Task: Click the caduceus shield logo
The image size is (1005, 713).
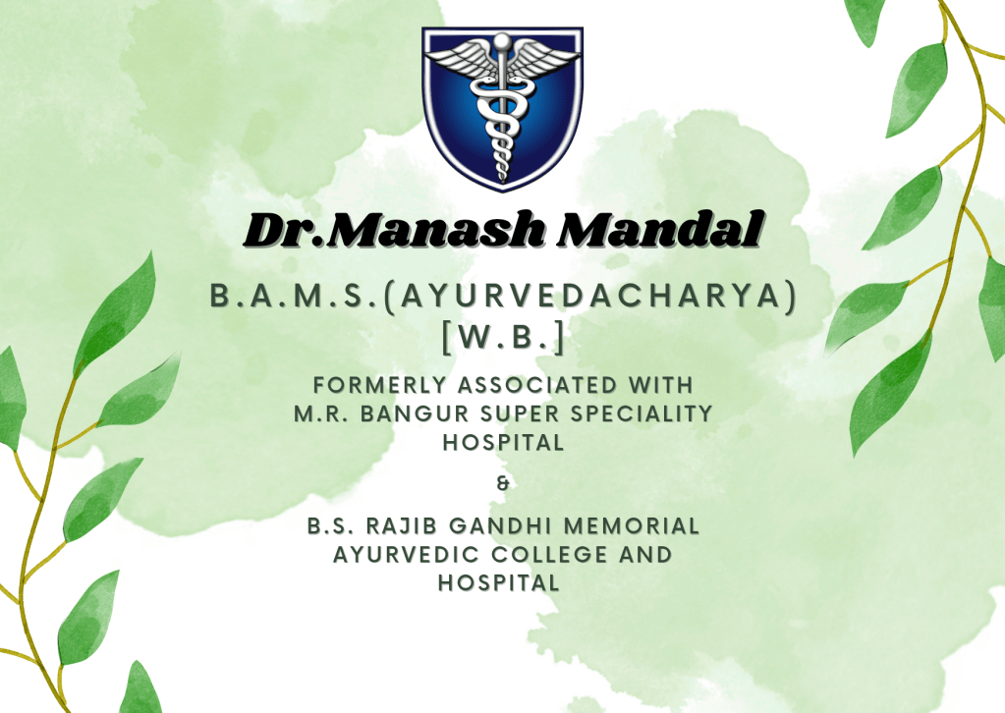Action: click(x=503, y=109)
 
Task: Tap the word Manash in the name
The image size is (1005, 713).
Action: click(x=438, y=230)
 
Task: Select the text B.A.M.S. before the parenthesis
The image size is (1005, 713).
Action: click(x=295, y=296)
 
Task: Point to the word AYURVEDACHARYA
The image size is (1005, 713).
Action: click(x=586, y=296)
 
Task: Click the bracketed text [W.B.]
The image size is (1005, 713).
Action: click(x=503, y=336)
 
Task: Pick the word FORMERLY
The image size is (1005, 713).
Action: click(x=379, y=386)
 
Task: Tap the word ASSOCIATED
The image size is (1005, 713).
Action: click(x=537, y=386)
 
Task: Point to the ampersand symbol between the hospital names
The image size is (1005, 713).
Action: click(x=503, y=483)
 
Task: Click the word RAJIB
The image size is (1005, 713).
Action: click(x=401, y=526)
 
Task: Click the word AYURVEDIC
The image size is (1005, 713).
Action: click(x=406, y=555)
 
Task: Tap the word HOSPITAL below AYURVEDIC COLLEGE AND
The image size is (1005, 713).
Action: click(x=499, y=583)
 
